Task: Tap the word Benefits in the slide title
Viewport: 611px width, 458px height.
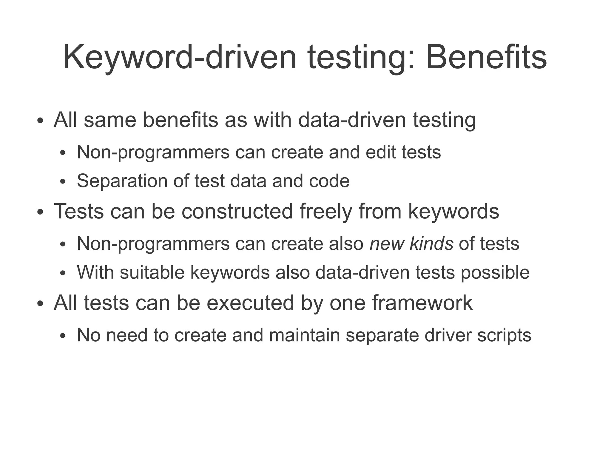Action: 486,57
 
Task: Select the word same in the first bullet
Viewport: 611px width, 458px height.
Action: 110,120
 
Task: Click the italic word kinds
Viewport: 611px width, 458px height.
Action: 431,243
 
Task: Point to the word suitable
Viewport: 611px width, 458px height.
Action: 152,272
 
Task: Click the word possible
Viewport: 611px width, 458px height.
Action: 495,272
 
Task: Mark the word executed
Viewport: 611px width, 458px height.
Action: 250,303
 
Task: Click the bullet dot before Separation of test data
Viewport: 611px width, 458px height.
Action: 62,182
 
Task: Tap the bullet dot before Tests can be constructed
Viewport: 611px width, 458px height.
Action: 40,212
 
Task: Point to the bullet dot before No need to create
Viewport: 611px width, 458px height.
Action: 62,336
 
